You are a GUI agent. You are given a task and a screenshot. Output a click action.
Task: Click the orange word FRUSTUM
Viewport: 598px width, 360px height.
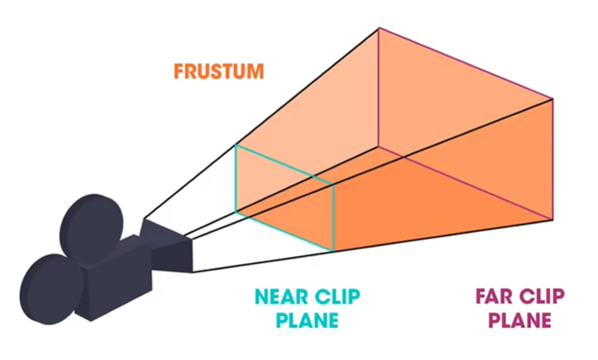218,71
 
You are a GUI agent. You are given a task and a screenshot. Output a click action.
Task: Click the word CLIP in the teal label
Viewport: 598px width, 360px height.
338,295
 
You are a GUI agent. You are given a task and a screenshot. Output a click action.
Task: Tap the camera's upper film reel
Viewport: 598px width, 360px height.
92,222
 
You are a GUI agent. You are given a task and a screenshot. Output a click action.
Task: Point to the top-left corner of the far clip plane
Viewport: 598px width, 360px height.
379,29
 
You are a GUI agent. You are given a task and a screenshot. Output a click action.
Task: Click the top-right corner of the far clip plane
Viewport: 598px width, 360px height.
553,99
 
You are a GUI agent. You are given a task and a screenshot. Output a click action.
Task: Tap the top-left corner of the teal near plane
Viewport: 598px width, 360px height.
236,145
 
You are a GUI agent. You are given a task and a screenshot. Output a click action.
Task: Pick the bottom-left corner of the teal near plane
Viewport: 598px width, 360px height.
236,213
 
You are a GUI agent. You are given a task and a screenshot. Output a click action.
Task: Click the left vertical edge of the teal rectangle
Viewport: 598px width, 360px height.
236,179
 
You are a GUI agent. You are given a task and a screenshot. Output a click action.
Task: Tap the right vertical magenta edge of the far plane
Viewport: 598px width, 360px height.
553,159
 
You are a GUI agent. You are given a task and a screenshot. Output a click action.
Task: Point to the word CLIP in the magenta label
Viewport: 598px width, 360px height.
537,295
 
